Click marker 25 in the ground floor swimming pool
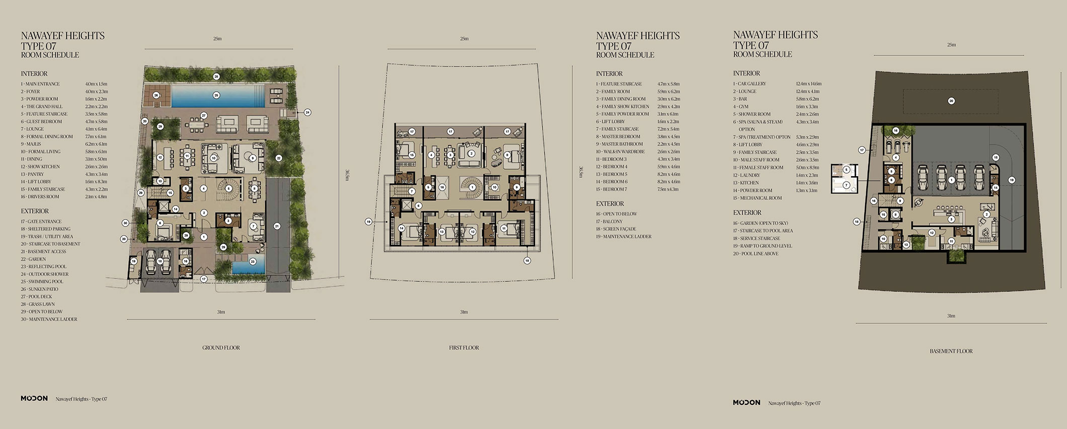(x=216, y=95)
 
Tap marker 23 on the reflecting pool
(x=253, y=261)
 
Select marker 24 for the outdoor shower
(x=308, y=112)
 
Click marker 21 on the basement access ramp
(x=277, y=227)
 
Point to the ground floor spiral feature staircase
(x=228, y=188)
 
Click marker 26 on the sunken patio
(x=156, y=95)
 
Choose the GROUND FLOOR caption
(x=221, y=347)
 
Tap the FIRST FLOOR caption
(x=464, y=347)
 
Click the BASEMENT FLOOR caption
(x=951, y=351)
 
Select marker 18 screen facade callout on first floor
(x=527, y=260)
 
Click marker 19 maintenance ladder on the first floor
(x=368, y=222)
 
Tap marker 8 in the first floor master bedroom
(x=507, y=155)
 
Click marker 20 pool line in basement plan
(x=951, y=101)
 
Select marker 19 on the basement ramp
(x=1011, y=180)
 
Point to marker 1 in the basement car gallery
(x=951, y=180)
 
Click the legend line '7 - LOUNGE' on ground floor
(x=32, y=129)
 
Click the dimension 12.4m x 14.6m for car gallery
(x=808, y=84)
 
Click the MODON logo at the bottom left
(x=34, y=398)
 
